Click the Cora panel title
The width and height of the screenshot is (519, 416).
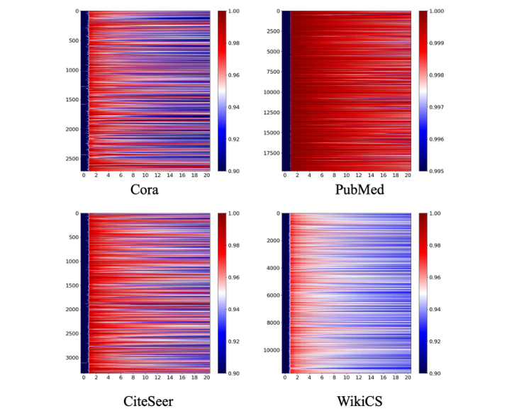click(146, 191)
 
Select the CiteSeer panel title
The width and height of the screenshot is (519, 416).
click(146, 401)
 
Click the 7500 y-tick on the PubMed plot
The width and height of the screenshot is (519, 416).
click(272, 72)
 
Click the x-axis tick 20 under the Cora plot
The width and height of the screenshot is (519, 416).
click(208, 176)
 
